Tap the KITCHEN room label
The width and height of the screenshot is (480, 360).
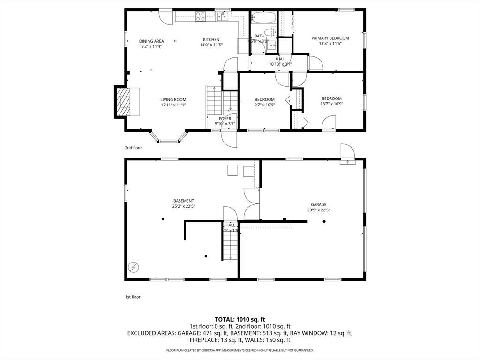click(x=211, y=40)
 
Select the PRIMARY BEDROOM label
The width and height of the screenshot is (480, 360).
click(x=330, y=38)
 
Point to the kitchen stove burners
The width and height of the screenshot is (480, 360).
click(x=200, y=16)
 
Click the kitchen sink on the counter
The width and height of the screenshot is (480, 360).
click(x=223, y=17)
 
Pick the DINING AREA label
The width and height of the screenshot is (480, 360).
click(x=151, y=41)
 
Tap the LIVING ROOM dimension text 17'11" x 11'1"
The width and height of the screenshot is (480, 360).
click(x=173, y=105)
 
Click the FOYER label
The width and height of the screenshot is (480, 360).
click(x=225, y=119)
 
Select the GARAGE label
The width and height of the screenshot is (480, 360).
click(x=319, y=204)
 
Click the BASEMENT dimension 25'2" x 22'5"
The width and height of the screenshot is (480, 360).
click(x=183, y=206)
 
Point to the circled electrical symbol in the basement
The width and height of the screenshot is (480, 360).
click(x=135, y=267)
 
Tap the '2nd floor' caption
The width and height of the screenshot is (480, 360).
click(x=133, y=148)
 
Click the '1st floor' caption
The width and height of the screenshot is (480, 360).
click(x=133, y=297)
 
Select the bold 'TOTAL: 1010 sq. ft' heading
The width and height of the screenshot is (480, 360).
click(x=240, y=319)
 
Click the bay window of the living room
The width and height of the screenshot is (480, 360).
click(x=169, y=138)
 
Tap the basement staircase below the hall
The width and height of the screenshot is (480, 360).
click(x=230, y=244)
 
